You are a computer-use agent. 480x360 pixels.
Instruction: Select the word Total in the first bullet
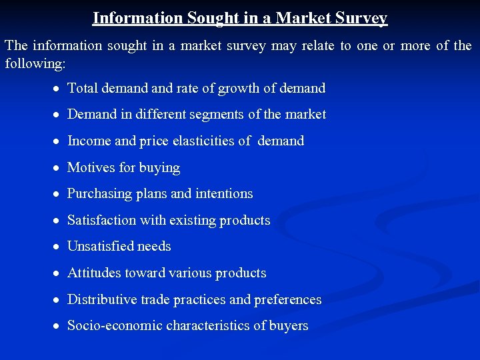tap(82, 88)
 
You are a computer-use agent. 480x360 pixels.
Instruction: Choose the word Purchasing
tap(99, 194)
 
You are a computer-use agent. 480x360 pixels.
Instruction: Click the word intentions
tap(224, 193)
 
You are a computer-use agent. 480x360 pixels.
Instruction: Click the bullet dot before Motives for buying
tap(59, 168)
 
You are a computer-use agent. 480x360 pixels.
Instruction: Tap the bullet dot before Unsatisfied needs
tap(59, 247)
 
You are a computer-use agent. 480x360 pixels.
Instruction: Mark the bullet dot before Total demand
tap(59, 89)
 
